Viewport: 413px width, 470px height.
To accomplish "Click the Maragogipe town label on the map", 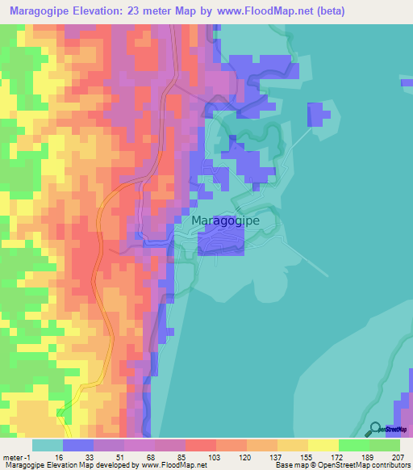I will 225,220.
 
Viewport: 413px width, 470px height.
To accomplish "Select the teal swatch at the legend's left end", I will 48,445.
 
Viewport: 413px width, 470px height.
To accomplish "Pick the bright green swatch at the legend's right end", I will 385,445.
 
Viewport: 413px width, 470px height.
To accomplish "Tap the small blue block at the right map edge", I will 407,81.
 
